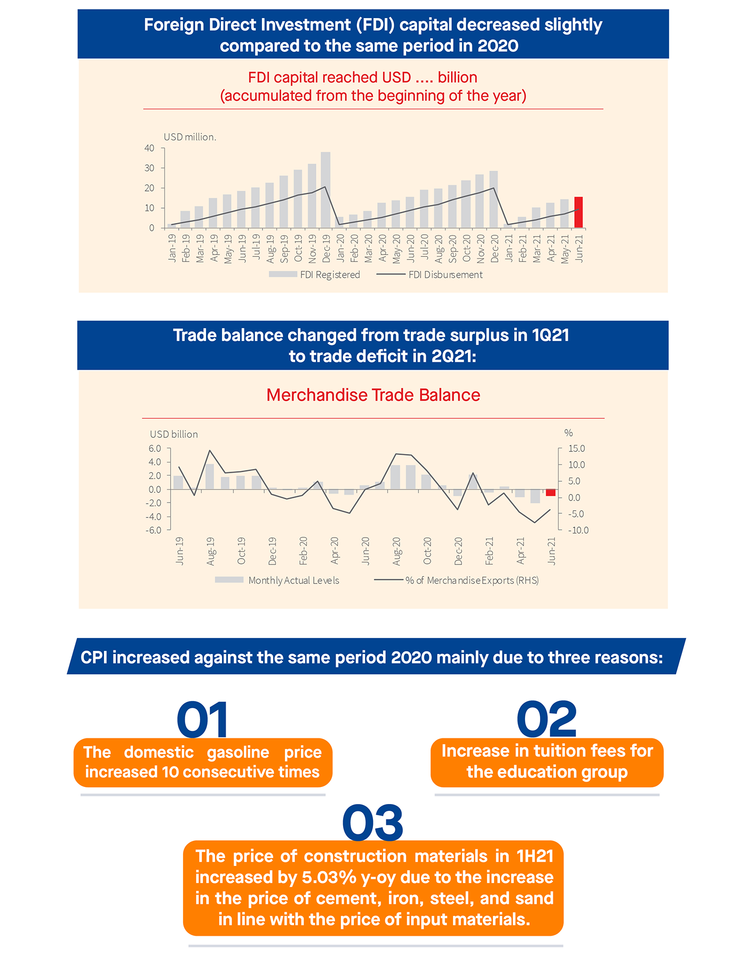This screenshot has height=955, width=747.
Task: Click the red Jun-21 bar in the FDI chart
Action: pos(578,212)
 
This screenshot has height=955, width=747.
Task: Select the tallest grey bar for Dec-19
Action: pos(325,190)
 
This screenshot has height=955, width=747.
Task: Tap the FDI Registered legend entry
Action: pos(315,275)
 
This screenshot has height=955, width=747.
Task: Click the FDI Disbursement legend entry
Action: pos(430,275)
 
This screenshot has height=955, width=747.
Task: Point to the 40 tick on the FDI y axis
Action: pos(149,148)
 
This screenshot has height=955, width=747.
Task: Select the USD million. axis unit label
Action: pos(190,137)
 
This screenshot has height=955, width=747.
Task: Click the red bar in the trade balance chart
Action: pos(551,492)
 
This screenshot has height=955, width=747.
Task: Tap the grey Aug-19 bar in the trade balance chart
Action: pos(210,476)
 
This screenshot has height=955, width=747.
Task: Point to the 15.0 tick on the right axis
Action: pos(576,449)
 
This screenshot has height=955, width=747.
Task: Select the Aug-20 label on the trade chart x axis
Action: pos(396,551)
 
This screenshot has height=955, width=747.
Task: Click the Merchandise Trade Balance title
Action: pos(373,395)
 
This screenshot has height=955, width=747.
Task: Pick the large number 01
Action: pos(203,720)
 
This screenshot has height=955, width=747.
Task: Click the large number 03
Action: pos(373,823)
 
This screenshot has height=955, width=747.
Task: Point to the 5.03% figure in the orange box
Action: pos(329,878)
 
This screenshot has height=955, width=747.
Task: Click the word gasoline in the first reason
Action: pos(238,752)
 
